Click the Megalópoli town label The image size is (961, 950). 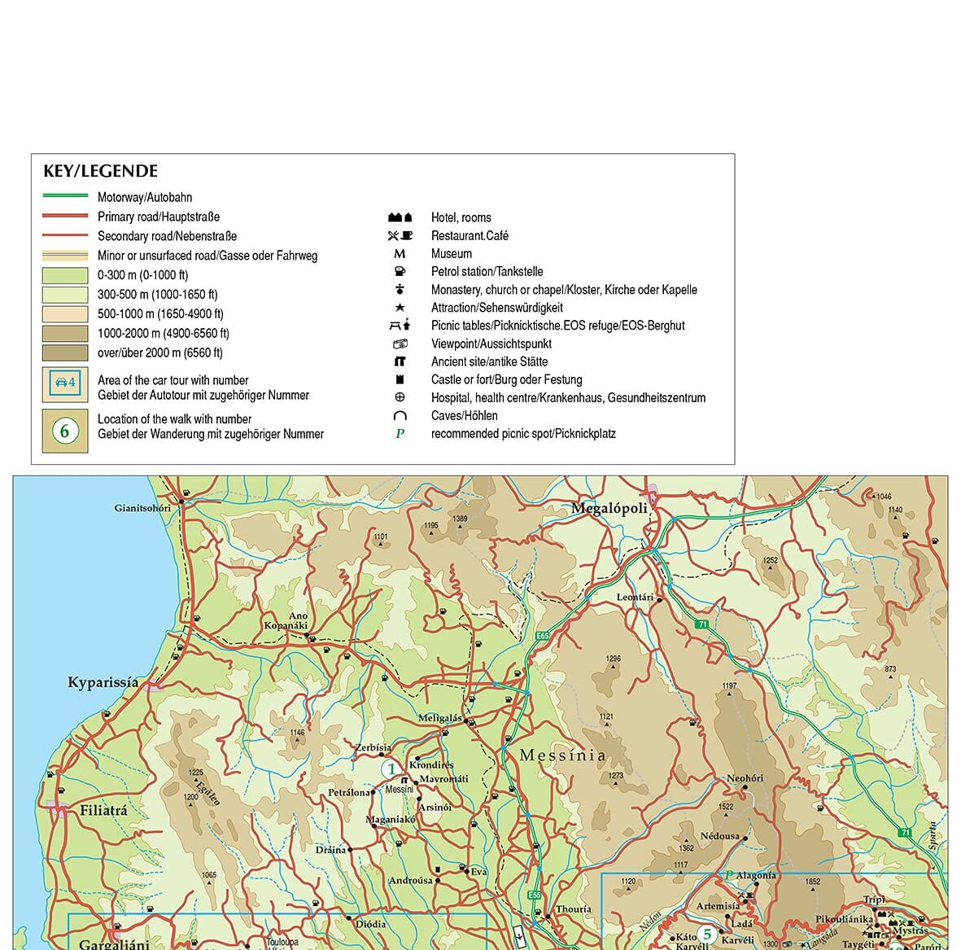click(609, 509)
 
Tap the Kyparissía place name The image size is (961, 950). click(103, 682)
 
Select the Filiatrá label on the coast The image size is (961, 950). click(103, 811)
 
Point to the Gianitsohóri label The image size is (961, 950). click(142, 508)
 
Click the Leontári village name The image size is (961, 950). click(635, 597)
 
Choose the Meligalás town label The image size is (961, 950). click(439, 718)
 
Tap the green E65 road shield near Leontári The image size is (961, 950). click(543, 636)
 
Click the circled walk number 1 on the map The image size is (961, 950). click(391, 769)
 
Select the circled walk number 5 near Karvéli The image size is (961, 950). click(707, 934)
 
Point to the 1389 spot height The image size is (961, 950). click(460, 519)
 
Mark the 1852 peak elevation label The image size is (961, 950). click(812, 882)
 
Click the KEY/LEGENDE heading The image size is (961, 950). click(100, 171)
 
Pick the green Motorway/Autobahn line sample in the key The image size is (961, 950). click(65, 196)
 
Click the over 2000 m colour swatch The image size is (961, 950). click(65, 352)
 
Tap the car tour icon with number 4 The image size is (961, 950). click(65, 383)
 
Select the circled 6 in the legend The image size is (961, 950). click(65, 430)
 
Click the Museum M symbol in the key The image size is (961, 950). click(400, 254)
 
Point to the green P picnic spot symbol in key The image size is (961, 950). click(400, 434)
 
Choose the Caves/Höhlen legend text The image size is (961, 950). click(464, 416)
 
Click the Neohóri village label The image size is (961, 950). click(745, 778)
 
